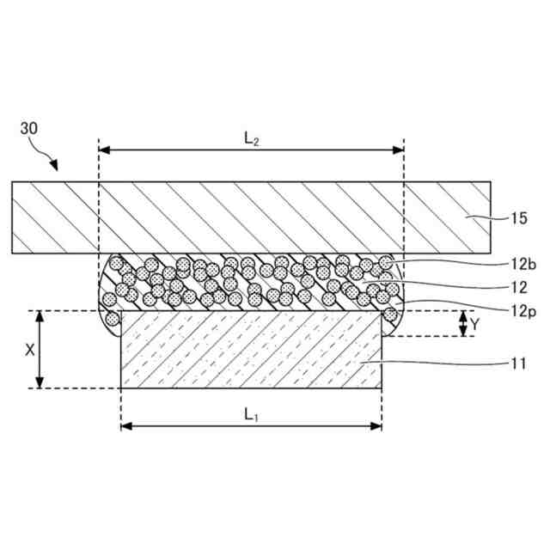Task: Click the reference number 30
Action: tap(29, 129)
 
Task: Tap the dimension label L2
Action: tap(252, 137)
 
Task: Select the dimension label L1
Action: tap(251, 414)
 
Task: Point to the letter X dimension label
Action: tap(29, 350)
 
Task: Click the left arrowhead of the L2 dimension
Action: tap(105, 150)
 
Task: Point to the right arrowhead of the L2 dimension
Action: tap(399, 150)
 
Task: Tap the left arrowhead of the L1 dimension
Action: tap(125, 425)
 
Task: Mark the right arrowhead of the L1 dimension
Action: tap(376, 425)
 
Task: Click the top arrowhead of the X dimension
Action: tap(40, 315)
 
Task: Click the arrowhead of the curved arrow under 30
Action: tap(57, 165)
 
